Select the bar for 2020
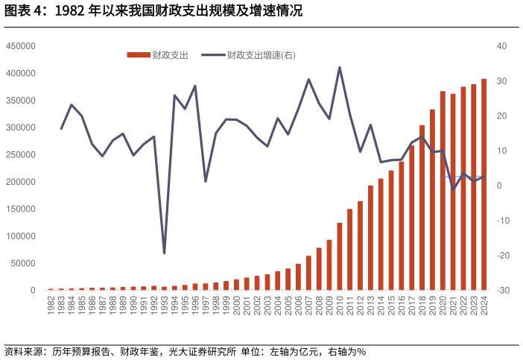443,191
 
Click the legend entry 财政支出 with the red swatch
158,55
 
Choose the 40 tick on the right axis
501,46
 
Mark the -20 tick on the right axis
503,256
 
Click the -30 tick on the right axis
503,291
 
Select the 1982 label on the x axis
51,306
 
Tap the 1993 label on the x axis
164,306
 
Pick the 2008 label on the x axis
319,306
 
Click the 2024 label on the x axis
484,306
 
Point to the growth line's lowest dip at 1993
164,253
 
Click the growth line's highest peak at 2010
340,67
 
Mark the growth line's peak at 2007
308,80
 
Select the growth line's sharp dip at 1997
206,181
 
